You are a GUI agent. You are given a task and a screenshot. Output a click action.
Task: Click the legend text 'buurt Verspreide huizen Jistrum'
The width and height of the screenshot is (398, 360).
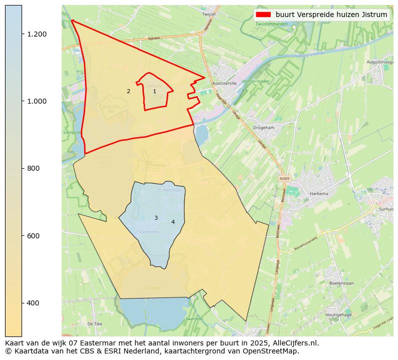click(331, 15)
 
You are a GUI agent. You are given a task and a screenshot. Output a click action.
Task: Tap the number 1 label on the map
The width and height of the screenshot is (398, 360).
click(154, 91)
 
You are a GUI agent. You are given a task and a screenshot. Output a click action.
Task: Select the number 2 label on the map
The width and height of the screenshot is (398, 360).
click(128, 91)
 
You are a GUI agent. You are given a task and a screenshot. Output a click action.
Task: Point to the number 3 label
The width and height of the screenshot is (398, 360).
click(156, 218)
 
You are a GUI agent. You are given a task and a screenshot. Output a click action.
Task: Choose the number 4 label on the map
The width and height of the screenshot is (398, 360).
click(173, 222)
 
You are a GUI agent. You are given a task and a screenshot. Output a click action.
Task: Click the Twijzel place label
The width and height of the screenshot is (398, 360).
click(208, 15)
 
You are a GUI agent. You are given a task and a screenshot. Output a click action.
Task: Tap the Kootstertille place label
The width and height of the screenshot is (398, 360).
click(224, 84)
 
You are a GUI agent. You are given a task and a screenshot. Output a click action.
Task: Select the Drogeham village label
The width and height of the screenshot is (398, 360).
click(264, 128)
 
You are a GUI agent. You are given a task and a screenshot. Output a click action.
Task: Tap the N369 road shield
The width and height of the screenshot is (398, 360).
click(284, 178)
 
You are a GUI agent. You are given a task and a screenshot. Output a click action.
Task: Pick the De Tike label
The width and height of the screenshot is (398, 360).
click(94, 324)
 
